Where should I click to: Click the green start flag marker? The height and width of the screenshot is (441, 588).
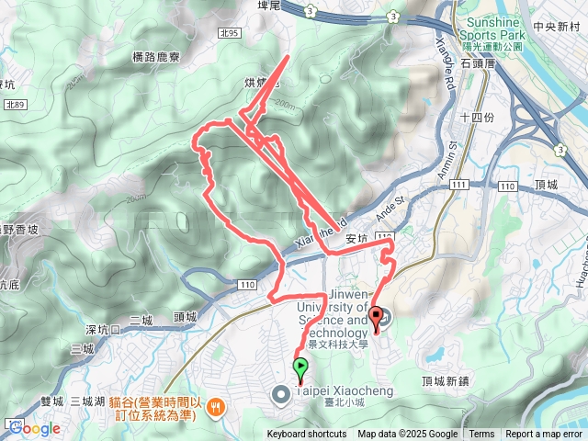300,368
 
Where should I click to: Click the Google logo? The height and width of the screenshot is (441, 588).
35,427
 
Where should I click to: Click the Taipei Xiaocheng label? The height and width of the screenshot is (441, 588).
344,392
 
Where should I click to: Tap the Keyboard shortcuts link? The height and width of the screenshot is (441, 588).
307,435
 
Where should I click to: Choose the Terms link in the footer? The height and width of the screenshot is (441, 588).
481,435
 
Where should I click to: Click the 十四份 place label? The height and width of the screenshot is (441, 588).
477,117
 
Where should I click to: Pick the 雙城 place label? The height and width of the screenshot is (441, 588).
52,401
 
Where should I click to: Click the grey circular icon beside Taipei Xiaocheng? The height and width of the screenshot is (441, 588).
280,394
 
